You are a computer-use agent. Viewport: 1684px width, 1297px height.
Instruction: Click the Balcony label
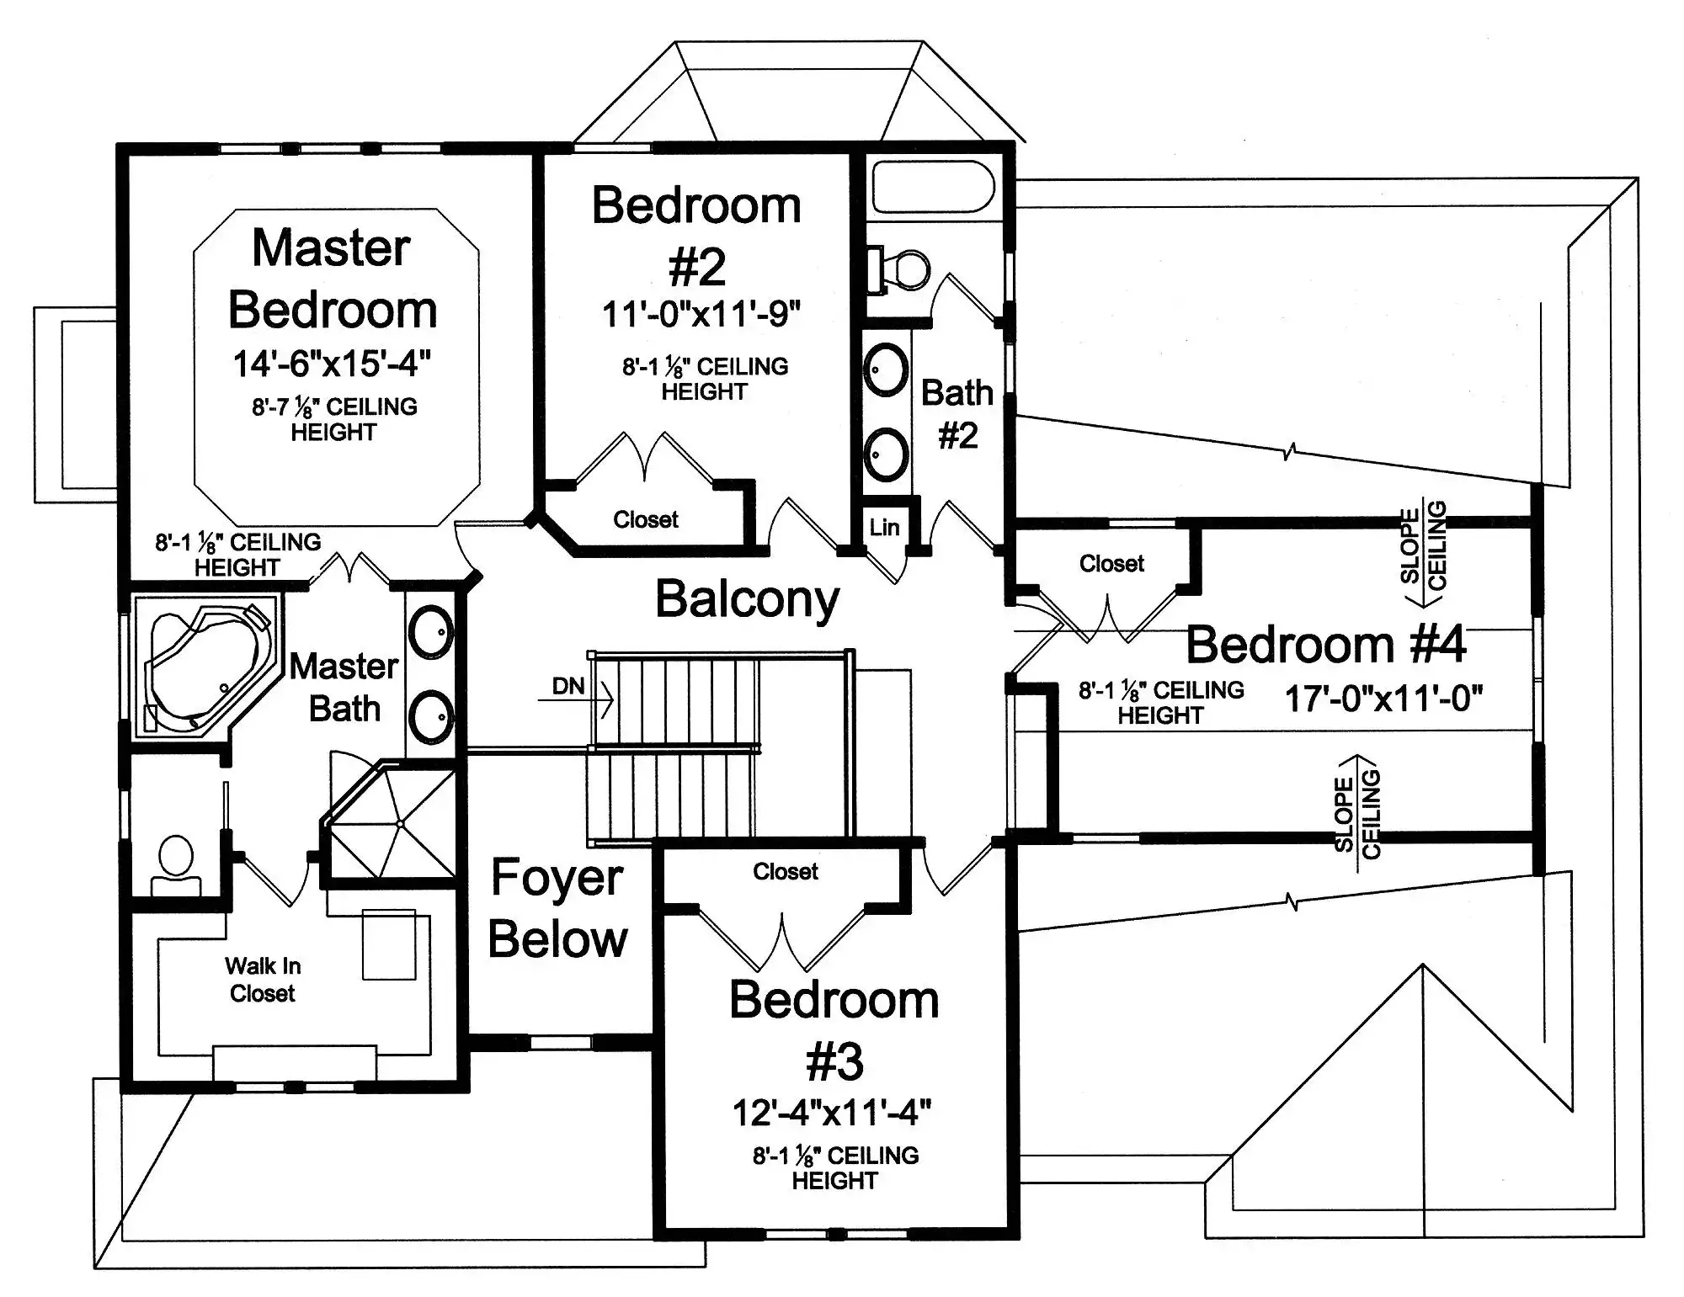(748, 600)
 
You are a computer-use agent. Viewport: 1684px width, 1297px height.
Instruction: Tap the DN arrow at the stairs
(577, 699)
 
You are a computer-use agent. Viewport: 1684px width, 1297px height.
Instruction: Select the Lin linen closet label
(884, 528)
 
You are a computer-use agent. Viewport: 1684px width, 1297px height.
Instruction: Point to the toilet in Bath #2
(899, 270)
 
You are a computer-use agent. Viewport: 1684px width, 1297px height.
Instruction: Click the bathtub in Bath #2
(934, 187)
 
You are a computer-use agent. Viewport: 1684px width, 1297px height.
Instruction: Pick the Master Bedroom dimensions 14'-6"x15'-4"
(332, 364)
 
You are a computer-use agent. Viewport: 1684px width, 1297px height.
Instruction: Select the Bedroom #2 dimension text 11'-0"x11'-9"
(701, 315)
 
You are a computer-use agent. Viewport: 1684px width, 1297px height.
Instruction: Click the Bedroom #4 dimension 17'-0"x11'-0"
(1383, 699)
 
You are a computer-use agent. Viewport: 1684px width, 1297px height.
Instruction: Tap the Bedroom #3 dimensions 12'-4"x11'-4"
(832, 1113)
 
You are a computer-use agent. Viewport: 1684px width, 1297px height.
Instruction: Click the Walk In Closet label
(263, 980)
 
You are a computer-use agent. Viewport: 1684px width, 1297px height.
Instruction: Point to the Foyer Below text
(557, 909)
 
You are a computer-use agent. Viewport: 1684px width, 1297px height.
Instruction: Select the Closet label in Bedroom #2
(646, 519)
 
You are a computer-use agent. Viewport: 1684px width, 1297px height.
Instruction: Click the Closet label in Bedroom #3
(786, 871)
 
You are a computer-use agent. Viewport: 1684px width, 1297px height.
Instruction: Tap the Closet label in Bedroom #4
(1111, 563)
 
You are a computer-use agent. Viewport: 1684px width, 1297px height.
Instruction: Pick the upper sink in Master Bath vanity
(430, 631)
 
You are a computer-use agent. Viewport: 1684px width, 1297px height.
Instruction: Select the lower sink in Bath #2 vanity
(886, 454)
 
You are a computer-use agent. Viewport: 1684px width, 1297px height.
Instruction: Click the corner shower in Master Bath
(392, 820)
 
